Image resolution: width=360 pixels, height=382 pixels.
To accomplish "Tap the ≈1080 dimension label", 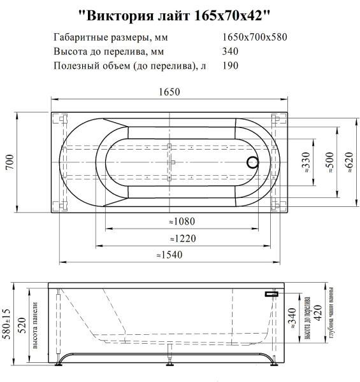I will coord(182,222).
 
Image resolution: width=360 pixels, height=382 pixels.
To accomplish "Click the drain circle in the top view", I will coord(252,162).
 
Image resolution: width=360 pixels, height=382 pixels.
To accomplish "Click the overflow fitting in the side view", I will coord(271,294).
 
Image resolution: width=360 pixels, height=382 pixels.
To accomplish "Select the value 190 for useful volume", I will coord(231,65).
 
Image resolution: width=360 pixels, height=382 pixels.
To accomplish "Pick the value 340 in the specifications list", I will coord(231,51).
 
